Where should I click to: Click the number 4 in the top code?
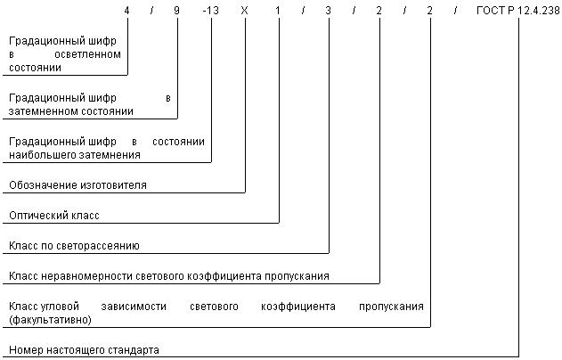(x=126, y=11)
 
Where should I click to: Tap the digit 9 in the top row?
(x=176, y=11)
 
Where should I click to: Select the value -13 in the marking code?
(x=211, y=11)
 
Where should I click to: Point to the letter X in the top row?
(x=244, y=11)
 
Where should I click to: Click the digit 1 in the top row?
(x=277, y=11)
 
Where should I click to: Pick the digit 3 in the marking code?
(x=328, y=11)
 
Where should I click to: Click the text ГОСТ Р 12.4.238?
(x=518, y=11)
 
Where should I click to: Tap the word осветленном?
(x=87, y=54)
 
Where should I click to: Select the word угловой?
(x=60, y=307)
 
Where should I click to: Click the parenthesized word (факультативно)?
(x=50, y=320)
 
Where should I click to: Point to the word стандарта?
(x=134, y=350)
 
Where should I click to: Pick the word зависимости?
(x=134, y=307)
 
